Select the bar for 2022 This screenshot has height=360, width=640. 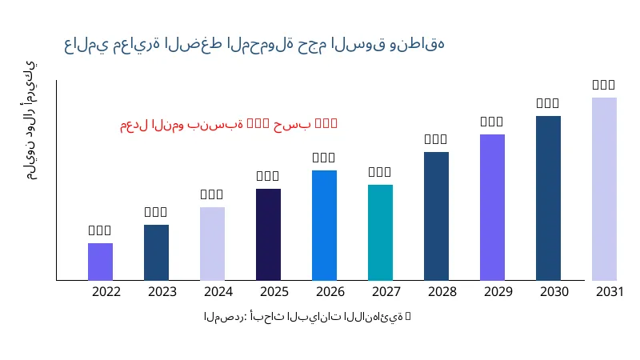[100, 262]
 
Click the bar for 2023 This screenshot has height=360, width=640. [156, 252]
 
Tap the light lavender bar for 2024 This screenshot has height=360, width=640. [212, 243]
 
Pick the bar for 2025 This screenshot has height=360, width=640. [268, 234]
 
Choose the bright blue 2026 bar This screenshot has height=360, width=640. [324, 225]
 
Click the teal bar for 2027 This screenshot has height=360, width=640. [380, 232]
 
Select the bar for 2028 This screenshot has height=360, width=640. [436, 216]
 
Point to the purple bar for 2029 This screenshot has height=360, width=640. [492, 207]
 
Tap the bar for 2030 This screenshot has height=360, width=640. [548, 198]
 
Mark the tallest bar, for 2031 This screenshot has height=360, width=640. [604, 189]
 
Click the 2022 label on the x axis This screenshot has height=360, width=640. [106, 291]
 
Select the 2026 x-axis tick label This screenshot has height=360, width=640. [330, 291]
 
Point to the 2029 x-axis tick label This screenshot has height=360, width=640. [498, 291]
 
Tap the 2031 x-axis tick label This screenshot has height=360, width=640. [610, 291]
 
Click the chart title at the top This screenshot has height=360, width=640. [254, 43]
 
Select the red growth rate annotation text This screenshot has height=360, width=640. [229, 124]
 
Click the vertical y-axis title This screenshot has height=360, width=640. [30, 120]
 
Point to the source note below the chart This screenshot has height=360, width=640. [307, 318]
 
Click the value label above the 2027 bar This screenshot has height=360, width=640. [380, 172]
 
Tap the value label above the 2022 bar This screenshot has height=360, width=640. [100, 230]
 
